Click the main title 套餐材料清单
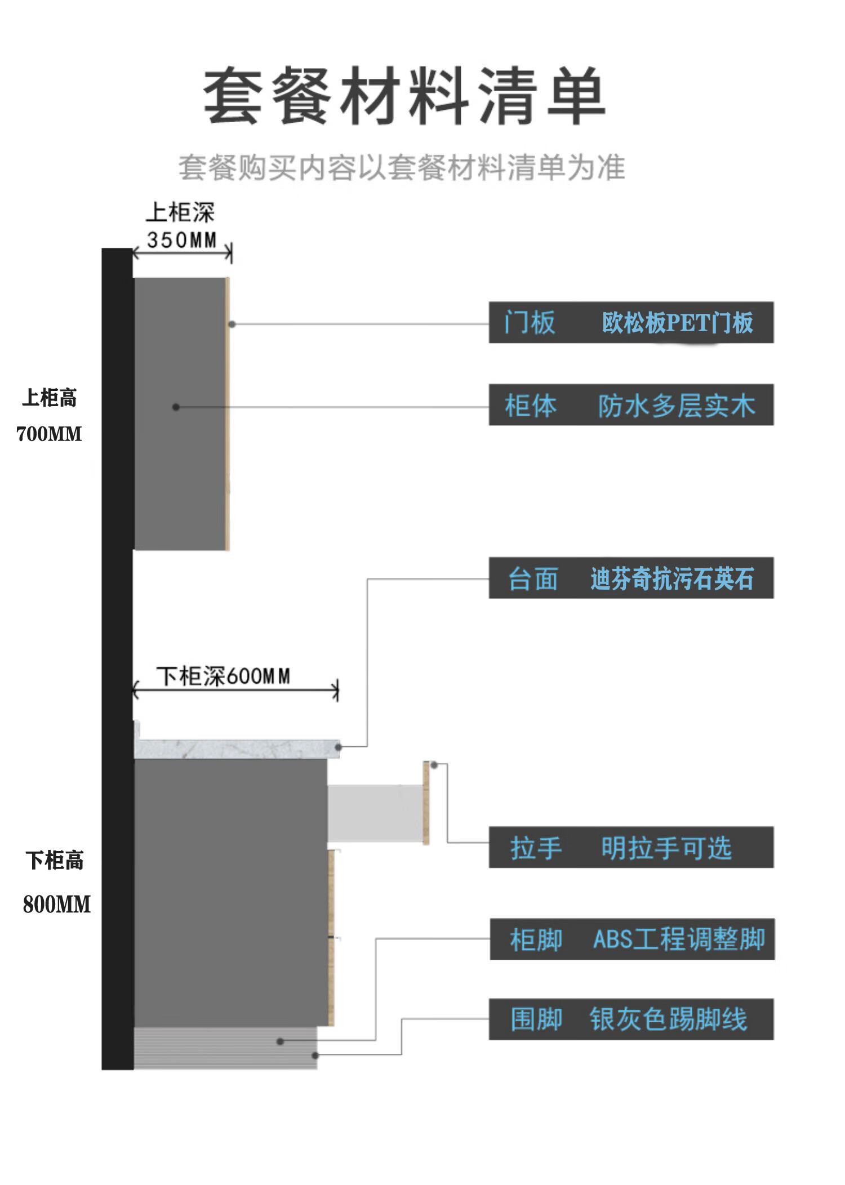(x=404, y=96)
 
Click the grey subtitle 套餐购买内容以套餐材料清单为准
(x=402, y=168)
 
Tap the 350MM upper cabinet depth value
(x=182, y=240)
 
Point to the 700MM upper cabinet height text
(x=49, y=434)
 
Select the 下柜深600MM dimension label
(x=224, y=676)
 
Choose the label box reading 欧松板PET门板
(x=631, y=322)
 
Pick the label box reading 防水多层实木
(x=631, y=405)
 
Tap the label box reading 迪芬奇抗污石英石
(x=631, y=578)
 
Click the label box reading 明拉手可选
(x=631, y=847)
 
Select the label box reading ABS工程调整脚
(x=632, y=939)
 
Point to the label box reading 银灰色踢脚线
(x=631, y=1019)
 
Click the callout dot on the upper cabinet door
(x=232, y=324)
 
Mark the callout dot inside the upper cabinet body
(x=176, y=407)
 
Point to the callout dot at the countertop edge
(x=339, y=747)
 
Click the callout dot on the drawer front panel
(x=434, y=764)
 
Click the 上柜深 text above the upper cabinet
(x=180, y=213)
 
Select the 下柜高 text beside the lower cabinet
(x=55, y=860)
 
